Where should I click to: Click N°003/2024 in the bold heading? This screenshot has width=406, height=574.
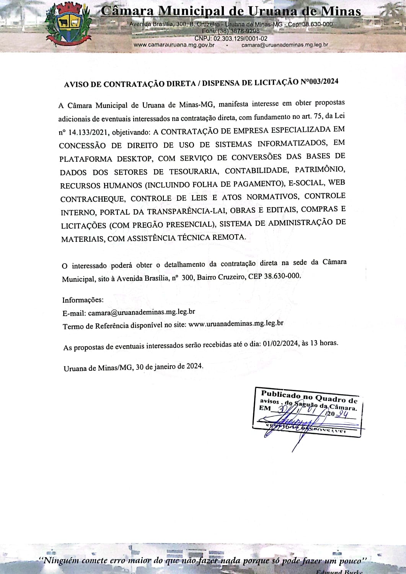point(320,82)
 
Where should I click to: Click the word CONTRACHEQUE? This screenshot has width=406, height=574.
point(92,199)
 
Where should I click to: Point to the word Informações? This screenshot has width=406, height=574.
point(83,300)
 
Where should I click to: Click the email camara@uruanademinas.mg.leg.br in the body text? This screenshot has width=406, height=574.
point(141,312)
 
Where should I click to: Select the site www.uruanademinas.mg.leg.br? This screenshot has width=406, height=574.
point(236,324)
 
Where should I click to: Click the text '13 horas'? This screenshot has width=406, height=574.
point(324,343)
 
